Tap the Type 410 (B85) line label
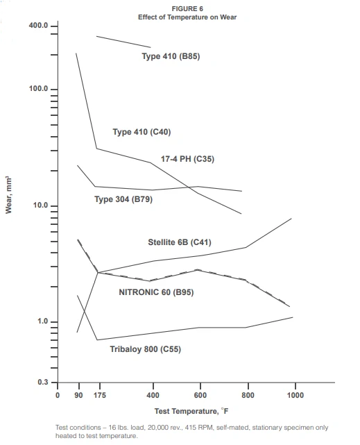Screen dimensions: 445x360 [x=171, y=56]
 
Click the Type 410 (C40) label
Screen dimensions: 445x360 [x=142, y=132]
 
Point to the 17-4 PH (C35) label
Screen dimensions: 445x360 [x=187, y=159]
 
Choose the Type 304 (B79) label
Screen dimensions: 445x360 [x=123, y=199]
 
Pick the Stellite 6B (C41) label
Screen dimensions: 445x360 [x=180, y=242]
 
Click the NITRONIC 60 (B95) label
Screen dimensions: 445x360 [x=156, y=292]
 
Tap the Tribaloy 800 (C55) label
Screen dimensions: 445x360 [x=145, y=349]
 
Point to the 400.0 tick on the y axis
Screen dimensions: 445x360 [x=39, y=26]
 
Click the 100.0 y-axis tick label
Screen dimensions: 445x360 [x=39, y=90]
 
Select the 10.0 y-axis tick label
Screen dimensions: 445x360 [x=40, y=206]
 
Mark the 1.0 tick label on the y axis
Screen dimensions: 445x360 [x=42, y=322]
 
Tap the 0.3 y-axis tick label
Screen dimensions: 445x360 [x=42, y=383]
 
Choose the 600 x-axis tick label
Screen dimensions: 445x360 [x=200, y=395]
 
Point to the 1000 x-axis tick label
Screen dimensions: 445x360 [x=295, y=395]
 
